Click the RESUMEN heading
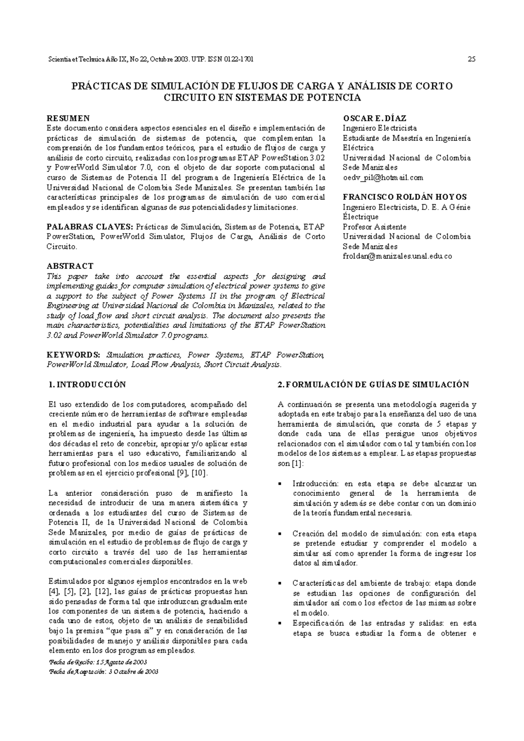pos(68,118)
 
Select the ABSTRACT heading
pos(70,266)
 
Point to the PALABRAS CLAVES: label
pos(90,226)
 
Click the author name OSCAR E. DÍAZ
pos(375,118)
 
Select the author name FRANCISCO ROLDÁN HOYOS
pos(405,197)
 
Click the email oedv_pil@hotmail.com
pos(383,178)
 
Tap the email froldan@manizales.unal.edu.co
pos(397,256)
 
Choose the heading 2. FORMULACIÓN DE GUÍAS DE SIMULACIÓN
pos(373,384)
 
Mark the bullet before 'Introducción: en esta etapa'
pos(280,484)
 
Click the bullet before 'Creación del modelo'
pos(280,534)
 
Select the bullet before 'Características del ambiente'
pos(280,583)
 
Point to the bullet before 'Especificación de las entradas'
pos(280,623)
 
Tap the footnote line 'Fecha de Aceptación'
pos(105,672)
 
